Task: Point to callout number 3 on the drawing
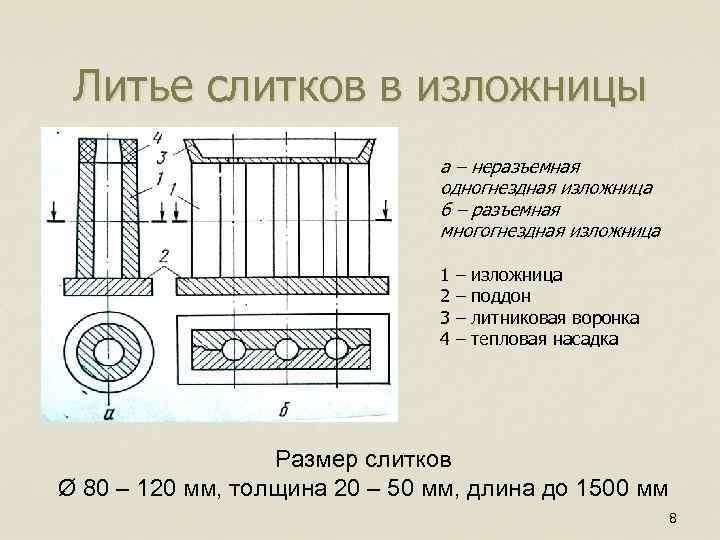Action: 160,156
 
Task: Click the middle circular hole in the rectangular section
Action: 285,349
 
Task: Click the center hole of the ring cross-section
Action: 107,351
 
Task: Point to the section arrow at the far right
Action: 383,211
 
